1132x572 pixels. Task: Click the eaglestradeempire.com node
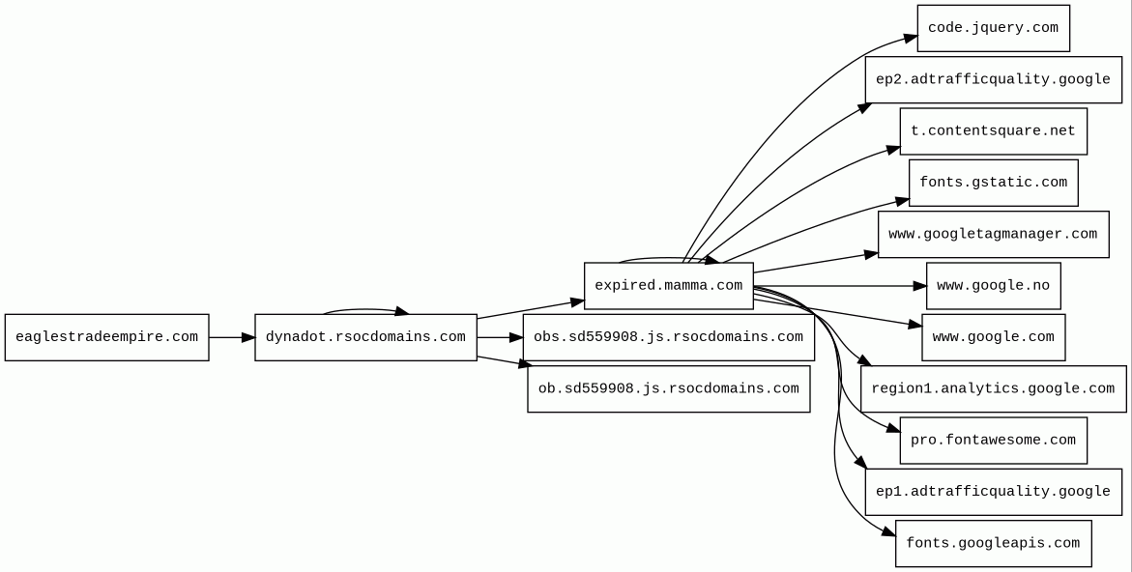click(x=106, y=337)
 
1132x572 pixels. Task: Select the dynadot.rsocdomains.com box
click(x=365, y=337)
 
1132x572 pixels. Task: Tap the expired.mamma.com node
click(x=668, y=286)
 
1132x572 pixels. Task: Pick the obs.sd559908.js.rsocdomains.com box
click(x=668, y=337)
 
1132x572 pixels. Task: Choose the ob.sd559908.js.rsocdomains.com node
click(x=668, y=388)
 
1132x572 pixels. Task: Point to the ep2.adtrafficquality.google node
click(x=993, y=79)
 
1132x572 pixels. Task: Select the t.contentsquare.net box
click(x=993, y=131)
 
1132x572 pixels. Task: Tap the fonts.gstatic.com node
click(x=993, y=183)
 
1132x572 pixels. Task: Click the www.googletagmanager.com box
click(x=993, y=234)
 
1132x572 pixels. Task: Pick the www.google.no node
click(x=993, y=286)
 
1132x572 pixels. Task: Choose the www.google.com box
click(x=993, y=337)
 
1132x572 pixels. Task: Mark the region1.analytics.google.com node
click(x=993, y=388)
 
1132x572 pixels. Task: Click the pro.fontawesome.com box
click(x=993, y=441)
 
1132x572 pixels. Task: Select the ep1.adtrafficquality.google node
click(x=993, y=492)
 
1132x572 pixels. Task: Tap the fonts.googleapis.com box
click(x=993, y=543)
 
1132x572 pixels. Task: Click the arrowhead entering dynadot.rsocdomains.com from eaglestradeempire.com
click(x=247, y=337)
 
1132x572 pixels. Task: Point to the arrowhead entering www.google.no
click(x=919, y=286)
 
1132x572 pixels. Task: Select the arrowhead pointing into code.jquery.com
click(x=910, y=39)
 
